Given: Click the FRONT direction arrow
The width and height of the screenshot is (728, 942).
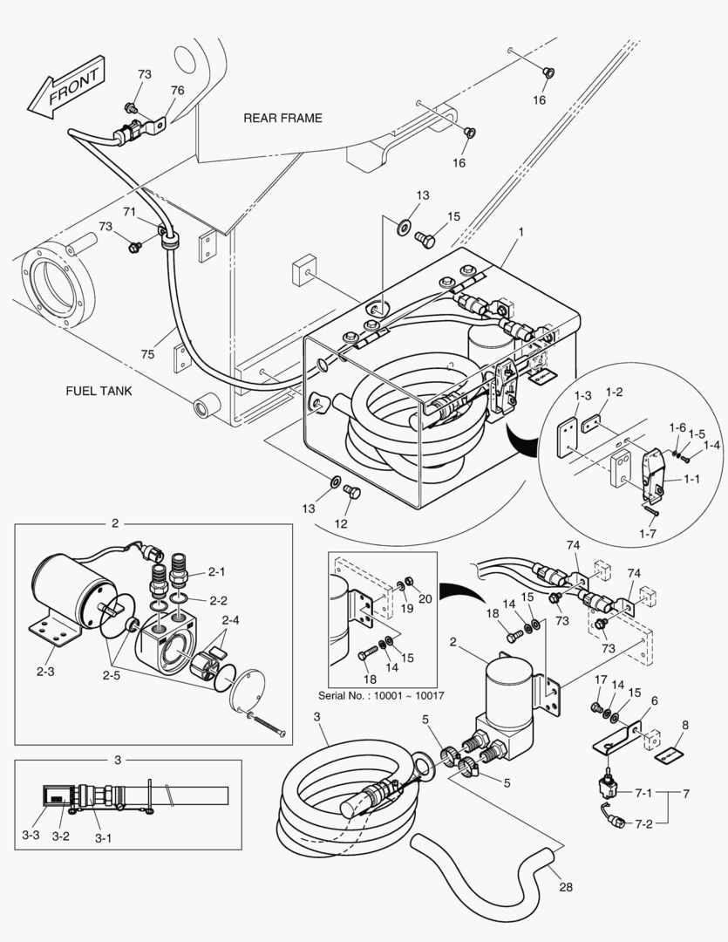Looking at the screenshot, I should (66, 87).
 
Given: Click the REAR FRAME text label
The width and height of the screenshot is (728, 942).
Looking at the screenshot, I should (282, 118).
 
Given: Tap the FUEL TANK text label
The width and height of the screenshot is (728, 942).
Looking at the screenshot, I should (99, 391).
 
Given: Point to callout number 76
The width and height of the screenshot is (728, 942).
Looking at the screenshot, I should (177, 91).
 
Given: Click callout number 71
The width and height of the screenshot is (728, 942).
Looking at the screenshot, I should (129, 212).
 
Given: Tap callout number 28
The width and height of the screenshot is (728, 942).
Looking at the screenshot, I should (566, 887).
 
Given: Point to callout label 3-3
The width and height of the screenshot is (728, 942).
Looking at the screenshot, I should (31, 835).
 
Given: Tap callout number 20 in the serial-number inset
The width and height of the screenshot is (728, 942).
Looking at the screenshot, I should (426, 598).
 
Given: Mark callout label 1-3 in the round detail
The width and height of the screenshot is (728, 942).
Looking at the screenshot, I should (583, 397).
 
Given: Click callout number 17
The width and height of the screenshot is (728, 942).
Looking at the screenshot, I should (601, 679).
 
